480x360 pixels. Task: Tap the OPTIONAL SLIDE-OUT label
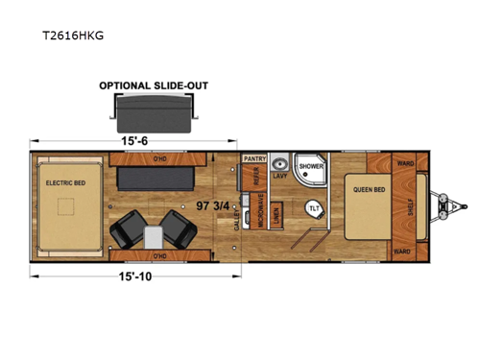click(x=154, y=84)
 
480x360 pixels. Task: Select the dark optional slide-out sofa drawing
click(x=154, y=113)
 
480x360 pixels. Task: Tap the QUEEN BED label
click(x=368, y=189)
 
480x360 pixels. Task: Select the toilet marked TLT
click(x=313, y=208)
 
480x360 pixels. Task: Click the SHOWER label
click(x=311, y=166)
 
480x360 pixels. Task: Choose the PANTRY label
click(x=254, y=157)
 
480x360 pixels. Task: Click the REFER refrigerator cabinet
click(x=255, y=177)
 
